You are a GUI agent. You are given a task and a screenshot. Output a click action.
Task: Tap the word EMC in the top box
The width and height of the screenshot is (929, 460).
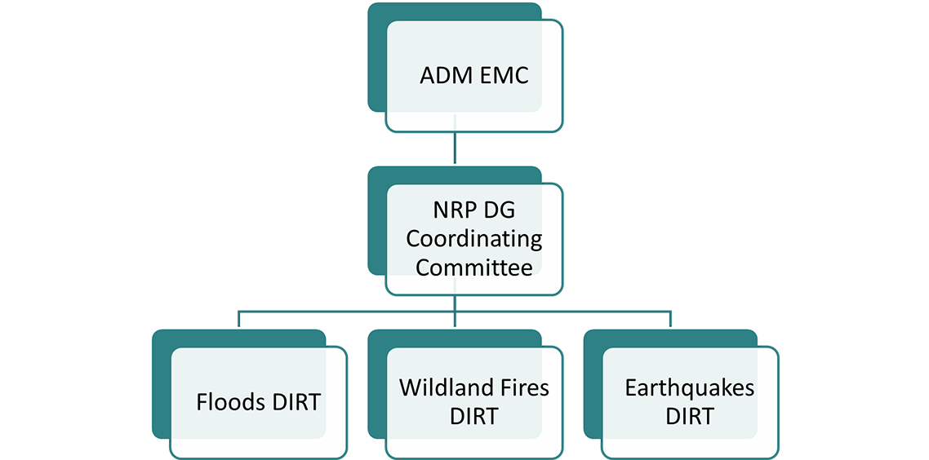(x=503, y=76)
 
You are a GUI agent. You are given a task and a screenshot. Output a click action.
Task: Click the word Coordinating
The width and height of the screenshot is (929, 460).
(x=474, y=239)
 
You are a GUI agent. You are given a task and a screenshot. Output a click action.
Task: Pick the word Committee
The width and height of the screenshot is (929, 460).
(x=474, y=268)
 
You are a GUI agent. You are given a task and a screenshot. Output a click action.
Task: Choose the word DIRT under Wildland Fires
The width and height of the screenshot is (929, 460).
(x=473, y=416)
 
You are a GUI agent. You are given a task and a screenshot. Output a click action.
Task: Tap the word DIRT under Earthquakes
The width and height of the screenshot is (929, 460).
(x=689, y=416)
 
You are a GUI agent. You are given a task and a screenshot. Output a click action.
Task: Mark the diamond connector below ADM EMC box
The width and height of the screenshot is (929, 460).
(x=455, y=148)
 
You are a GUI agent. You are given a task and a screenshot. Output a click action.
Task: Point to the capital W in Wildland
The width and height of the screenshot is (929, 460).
(x=409, y=387)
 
